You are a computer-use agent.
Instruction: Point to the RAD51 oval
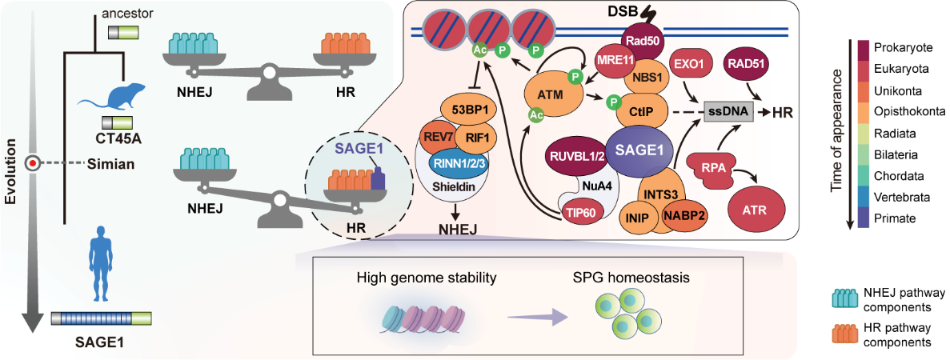tap(747, 64)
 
